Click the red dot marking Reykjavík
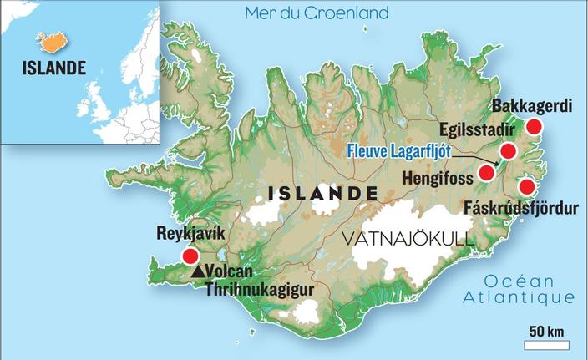190,256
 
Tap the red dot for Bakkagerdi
534,127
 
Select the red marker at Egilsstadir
508,151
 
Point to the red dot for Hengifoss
486,174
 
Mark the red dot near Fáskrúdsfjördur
527,186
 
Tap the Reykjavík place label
190,235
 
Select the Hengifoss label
438,177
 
